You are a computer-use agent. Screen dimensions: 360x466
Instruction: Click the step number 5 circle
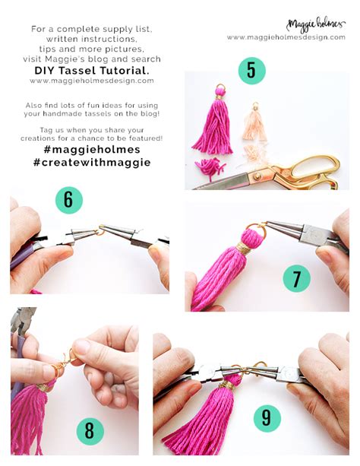point(251,71)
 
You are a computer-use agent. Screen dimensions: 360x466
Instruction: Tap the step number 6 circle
point(69,200)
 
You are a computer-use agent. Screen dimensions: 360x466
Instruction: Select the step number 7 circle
point(296,278)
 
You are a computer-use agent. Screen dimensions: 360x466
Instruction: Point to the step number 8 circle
point(90,430)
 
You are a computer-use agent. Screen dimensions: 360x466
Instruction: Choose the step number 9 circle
point(267,418)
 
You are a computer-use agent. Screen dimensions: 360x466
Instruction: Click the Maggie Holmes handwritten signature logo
point(316,26)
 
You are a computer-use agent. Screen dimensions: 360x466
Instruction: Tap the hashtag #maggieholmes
point(92,149)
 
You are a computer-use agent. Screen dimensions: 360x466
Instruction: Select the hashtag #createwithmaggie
point(92,162)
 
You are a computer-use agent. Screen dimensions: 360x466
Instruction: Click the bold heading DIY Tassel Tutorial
point(92,71)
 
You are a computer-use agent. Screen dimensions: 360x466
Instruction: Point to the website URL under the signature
point(286,37)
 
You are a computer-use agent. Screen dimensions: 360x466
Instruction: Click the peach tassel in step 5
point(255,122)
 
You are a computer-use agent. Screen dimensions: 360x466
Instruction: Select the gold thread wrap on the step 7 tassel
point(243,249)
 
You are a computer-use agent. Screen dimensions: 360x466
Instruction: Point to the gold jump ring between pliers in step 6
point(100,232)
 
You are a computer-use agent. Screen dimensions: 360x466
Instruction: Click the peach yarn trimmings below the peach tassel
point(254,153)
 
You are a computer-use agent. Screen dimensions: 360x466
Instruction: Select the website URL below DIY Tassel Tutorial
point(92,81)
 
